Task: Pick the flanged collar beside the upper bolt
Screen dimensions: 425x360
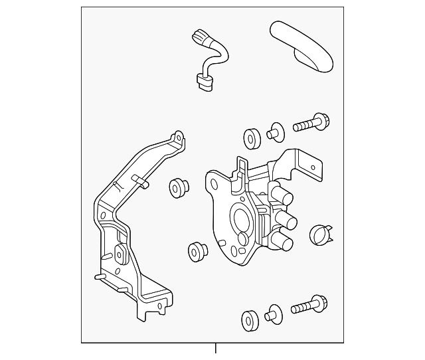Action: [x=274, y=131]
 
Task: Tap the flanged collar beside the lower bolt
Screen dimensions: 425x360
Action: [x=273, y=314]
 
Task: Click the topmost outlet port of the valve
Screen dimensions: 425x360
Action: [x=283, y=197]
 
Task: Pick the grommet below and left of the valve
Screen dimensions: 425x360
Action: [x=196, y=252]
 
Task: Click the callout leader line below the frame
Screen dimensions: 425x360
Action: [x=215, y=348]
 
